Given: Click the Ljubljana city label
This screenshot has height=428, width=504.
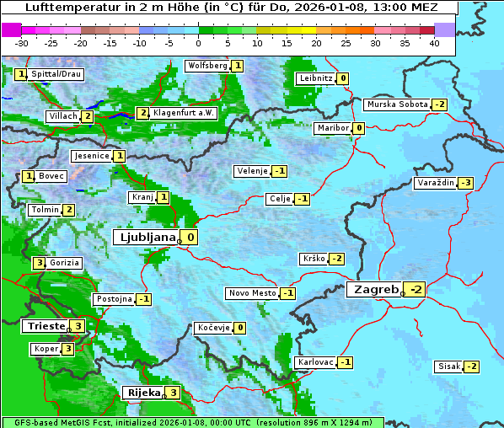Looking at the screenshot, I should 145,238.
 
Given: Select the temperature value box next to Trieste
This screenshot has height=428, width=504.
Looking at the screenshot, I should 78,326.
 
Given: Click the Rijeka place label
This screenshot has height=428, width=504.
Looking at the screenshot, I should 142,393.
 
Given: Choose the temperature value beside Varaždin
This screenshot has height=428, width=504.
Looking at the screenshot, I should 466,183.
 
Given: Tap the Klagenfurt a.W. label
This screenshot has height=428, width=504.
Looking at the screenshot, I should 184,113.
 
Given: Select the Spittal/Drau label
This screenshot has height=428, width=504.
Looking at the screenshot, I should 56,75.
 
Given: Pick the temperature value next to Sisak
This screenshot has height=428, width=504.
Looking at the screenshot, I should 472,366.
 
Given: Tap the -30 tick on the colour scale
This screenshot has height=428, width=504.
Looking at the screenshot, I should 22,43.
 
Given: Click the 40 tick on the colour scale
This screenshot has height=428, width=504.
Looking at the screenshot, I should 434,43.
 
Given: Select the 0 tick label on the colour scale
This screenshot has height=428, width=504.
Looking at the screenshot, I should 198,43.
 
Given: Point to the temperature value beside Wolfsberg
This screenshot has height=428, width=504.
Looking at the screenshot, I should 238,66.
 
